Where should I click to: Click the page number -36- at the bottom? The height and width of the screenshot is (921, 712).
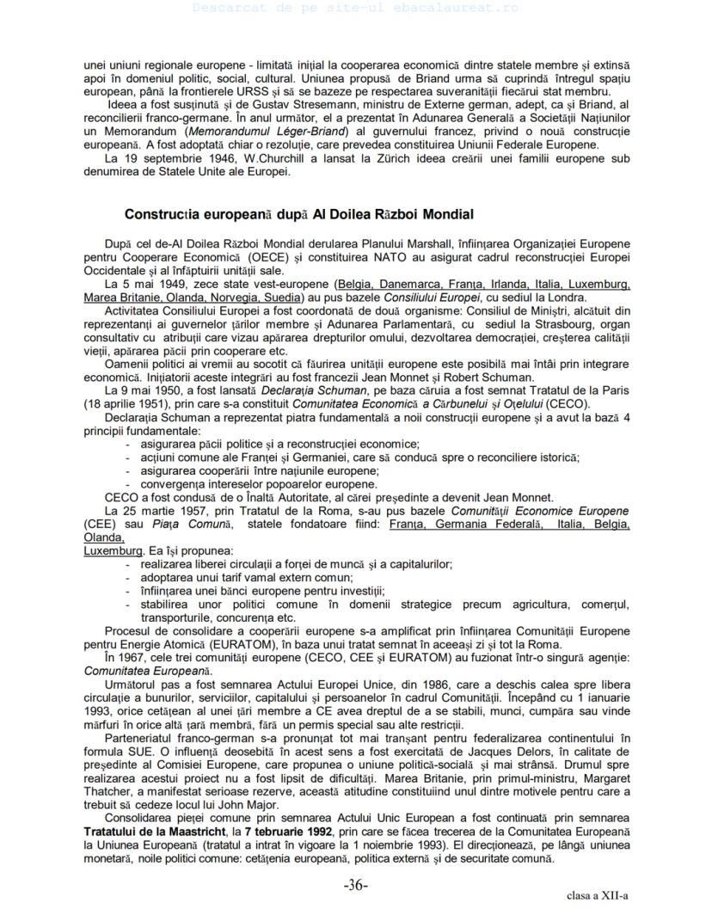[x=356, y=885]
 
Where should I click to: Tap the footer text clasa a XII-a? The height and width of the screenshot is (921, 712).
[x=598, y=897]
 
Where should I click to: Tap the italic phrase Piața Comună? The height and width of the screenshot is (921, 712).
[x=184, y=523]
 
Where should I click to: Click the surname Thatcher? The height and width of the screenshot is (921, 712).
[x=111, y=794]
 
